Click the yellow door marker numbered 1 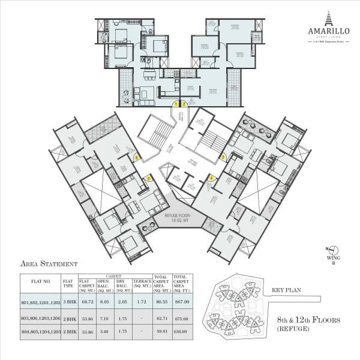coord(176,104)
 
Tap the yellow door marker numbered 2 coord(185,104)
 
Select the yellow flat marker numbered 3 coord(223,157)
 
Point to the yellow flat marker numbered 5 coord(149,178)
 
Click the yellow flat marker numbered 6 coord(137,158)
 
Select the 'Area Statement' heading coord(49,263)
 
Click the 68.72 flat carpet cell coord(88,302)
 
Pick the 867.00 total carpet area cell coord(181,302)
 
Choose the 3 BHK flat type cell coord(68,302)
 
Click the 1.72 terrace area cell coord(141,302)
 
